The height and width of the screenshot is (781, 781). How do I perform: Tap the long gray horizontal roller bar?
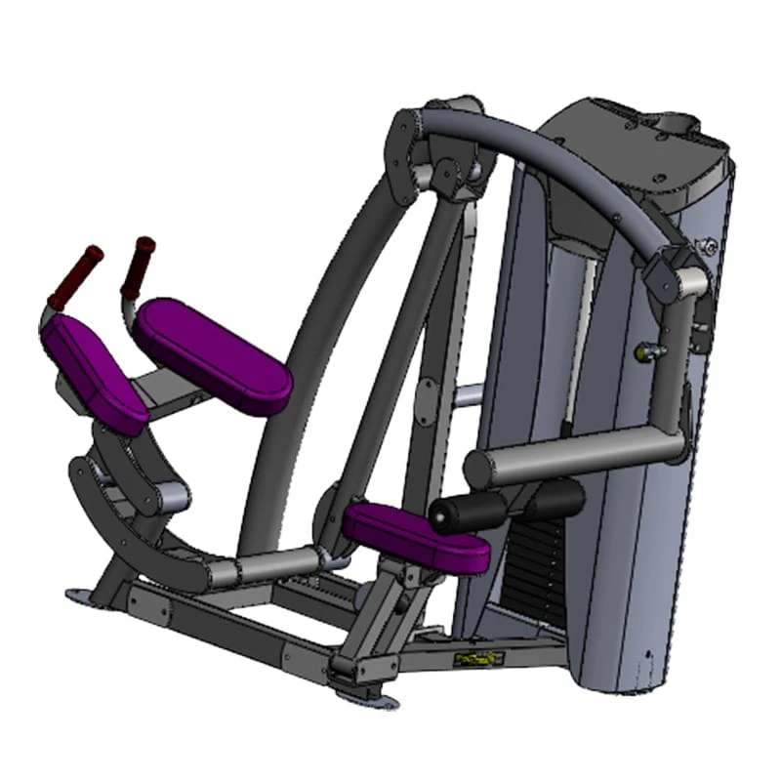pyautogui.click(x=576, y=455)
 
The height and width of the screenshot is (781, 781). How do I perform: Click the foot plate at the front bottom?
pyautogui.click(x=365, y=696)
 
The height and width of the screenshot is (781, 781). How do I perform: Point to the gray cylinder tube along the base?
pyautogui.click(x=273, y=565)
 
